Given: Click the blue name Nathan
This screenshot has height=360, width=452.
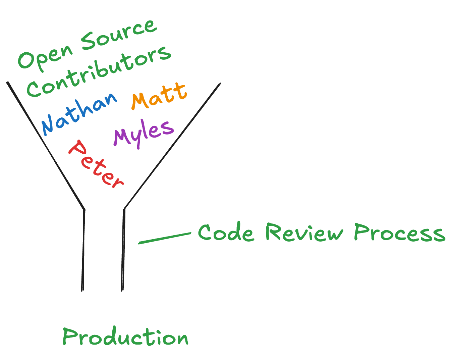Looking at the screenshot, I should pos(79,112).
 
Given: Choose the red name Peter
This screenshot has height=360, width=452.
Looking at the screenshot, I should pos(96,164).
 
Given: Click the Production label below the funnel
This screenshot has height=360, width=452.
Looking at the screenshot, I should pos(125,337).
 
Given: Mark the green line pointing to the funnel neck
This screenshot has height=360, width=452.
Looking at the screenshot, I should pos(164,238).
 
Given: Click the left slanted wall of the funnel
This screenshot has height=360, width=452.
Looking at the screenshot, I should pos(45,146).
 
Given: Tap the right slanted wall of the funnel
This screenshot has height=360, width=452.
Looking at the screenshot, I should pos(172,146).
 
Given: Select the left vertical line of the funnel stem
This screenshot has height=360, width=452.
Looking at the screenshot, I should pos(83,250).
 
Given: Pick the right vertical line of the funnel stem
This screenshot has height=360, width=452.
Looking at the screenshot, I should pos(123,250).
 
